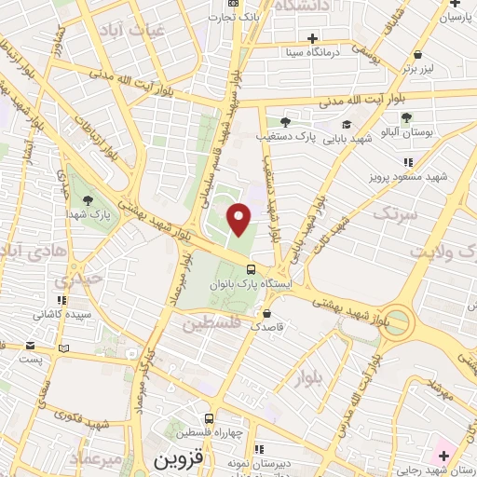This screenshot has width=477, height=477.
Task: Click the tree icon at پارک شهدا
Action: tap(89, 199)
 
